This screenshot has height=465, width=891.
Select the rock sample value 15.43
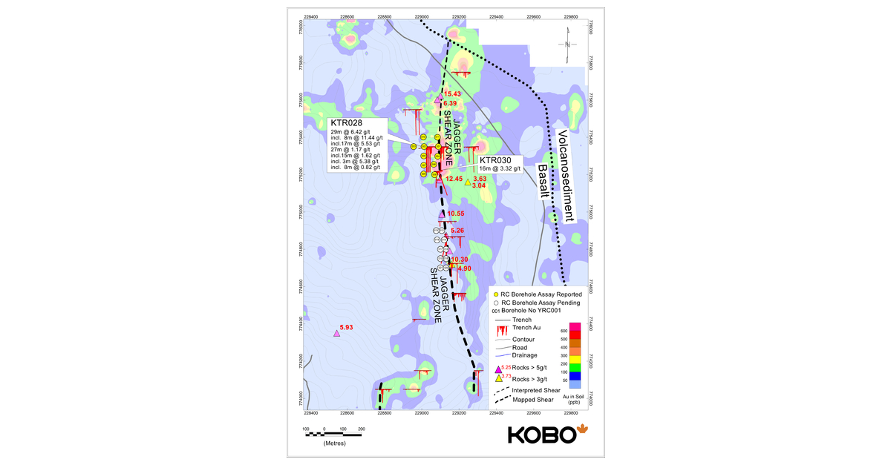point(452,94)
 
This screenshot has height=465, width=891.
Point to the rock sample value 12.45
point(454,179)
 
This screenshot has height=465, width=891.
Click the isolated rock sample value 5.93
point(347,327)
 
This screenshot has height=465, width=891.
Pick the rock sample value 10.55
point(455,214)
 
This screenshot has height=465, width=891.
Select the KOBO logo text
point(541,435)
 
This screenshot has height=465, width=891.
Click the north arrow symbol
point(567,44)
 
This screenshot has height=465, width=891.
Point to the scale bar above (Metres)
point(333,432)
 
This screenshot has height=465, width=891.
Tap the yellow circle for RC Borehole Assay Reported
point(496,294)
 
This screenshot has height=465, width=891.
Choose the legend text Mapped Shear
point(535,399)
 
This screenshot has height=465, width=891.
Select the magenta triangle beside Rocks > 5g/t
point(498,369)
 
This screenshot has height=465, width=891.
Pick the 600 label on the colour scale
point(564,331)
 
